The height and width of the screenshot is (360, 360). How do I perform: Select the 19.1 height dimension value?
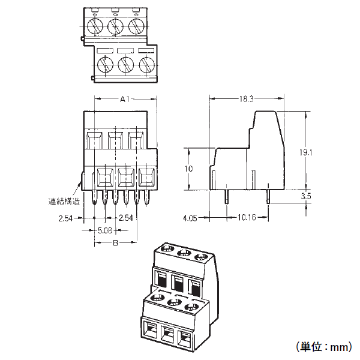click(x=306, y=153)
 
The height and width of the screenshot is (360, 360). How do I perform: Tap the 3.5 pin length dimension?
click(x=305, y=196)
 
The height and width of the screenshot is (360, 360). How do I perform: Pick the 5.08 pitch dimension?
click(x=106, y=230)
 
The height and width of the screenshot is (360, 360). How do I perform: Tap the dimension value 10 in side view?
click(x=189, y=169)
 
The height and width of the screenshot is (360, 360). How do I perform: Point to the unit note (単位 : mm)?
click(x=323, y=347)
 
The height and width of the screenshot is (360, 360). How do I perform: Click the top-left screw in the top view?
click(x=96, y=26)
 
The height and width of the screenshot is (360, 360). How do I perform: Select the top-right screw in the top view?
click(x=136, y=26)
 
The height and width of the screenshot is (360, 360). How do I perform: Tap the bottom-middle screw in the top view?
click(x=126, y=64)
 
